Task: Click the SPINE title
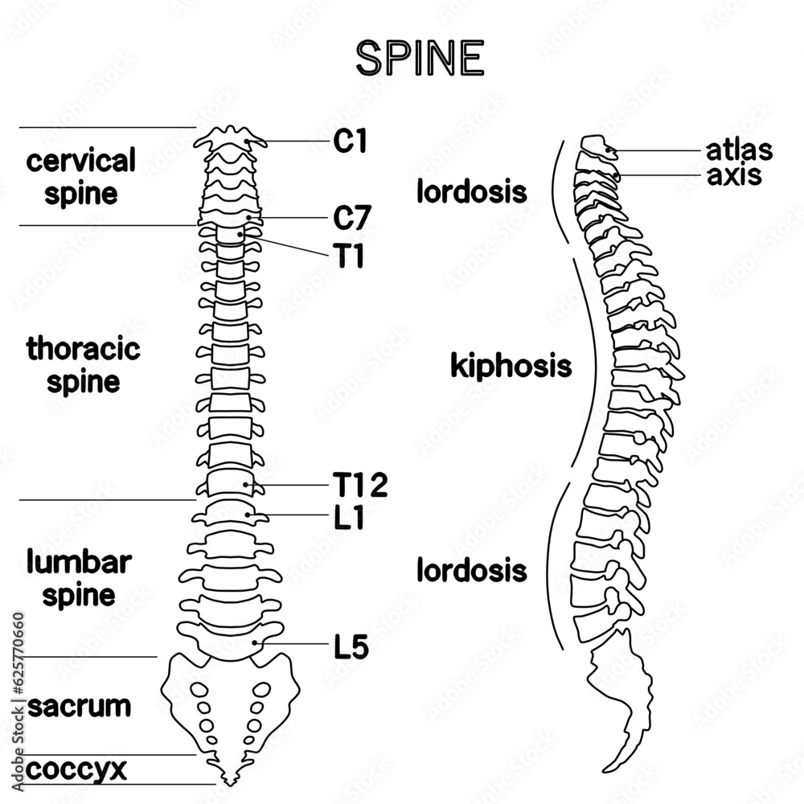tap(420, 58)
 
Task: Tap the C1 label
tap(351, 141)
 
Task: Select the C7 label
tap(352, 218)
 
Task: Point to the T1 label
tap(349, 256)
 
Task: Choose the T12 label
tap(360, 485)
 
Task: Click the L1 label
tap(349, 517)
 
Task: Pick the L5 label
tap(351, 646)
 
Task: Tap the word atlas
tap(739, 150)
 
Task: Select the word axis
tap(734, 174)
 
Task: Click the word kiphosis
tap(511, 366)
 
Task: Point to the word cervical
tap(81, 161)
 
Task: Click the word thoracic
tap(83, 348)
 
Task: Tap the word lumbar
tap(79, 561)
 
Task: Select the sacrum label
tap(79, 706)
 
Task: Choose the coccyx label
tap(76, 769)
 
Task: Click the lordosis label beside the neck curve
tap(472, 192)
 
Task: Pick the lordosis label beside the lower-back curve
tap(472, 570)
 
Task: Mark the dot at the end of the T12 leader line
tap(245, 484)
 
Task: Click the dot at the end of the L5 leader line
tap(255, 642)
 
